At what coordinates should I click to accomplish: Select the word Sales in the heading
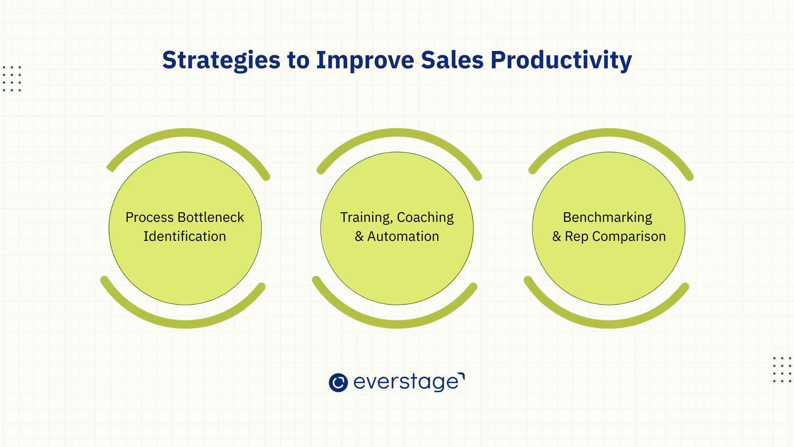(452, 60)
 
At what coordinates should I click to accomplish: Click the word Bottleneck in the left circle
(210, 217)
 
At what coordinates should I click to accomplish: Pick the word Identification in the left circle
(185, 236)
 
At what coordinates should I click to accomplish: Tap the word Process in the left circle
(150, 217)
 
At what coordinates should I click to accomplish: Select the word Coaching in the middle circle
(426, 218)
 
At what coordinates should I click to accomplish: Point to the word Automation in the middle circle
(403, 236)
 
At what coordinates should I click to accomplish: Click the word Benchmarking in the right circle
(607, 218)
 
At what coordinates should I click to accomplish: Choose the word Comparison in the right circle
(629, 237)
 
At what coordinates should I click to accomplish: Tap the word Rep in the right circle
(576, 237)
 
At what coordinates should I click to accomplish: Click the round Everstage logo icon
(338, 382)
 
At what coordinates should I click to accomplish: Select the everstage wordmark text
(409, 382)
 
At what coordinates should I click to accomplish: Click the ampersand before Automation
(359, 236)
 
